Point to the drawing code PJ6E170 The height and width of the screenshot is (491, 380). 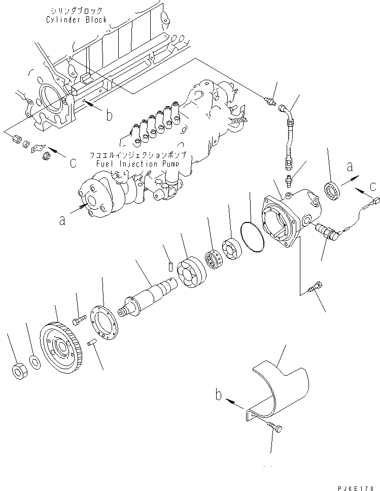click(x=355, y=486)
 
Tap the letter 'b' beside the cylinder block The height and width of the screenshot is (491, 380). click(x=109, y=115)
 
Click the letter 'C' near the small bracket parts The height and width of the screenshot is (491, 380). click(x=73, y=163)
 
